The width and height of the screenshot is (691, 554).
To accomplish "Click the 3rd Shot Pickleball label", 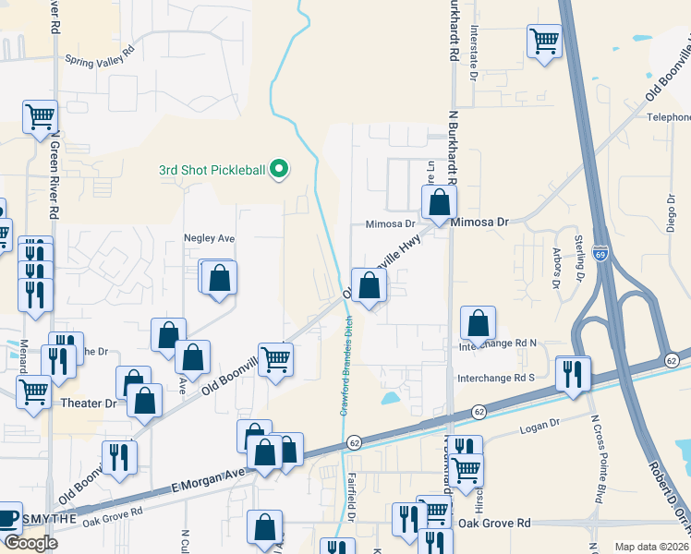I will [x=212, y=170].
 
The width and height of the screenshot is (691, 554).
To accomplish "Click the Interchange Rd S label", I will [x=497, y=379].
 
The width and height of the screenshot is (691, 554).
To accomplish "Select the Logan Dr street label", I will [x=541, y=425].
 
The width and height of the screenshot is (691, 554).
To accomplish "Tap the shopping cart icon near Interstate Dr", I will [x=545, y=42].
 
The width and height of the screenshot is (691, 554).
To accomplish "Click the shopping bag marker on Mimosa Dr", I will [x=440, y=202].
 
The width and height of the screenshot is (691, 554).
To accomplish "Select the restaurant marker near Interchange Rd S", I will [x=573, y=373].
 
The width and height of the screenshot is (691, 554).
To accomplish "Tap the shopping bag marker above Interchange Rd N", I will [x=478, y=324].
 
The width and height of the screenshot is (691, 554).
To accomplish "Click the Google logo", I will [x=31, y=543].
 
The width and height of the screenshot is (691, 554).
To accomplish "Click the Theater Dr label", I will [x=89, y=403].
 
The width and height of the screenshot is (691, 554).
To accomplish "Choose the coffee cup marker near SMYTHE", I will [x=7, y=518].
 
